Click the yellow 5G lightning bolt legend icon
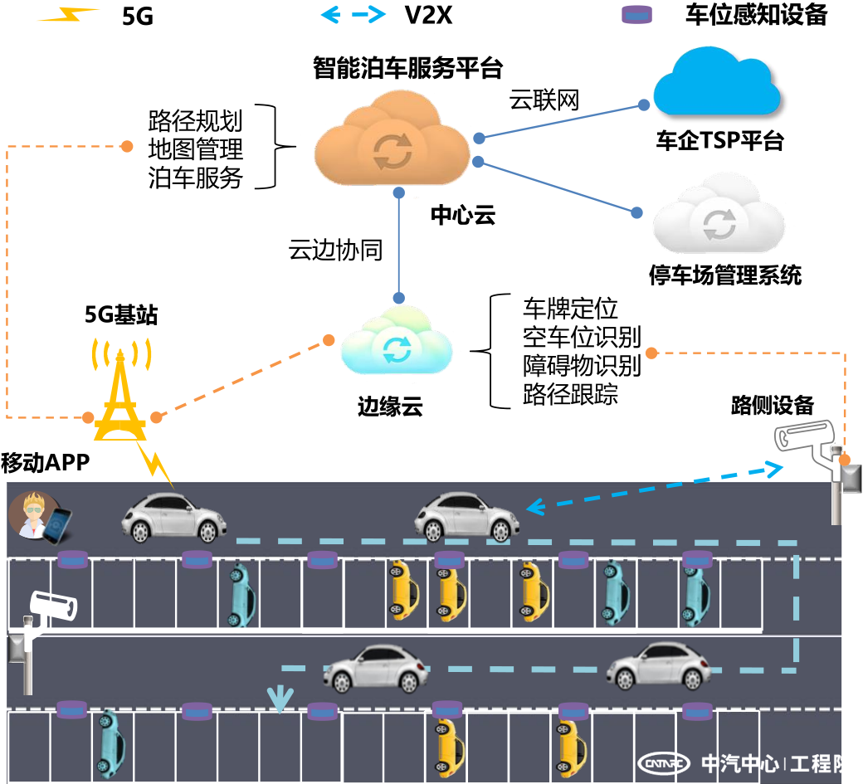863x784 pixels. point(69,15)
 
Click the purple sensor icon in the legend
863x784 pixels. point(637,14)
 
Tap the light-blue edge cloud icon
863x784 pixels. point(396,344)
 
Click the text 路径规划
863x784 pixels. point(196,121)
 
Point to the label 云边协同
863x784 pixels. point(335,250)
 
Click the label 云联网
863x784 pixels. point(544,100)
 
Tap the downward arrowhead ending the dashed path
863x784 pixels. point(280,700)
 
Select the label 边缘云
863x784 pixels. point(390,407)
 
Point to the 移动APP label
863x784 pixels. point(45,463)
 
